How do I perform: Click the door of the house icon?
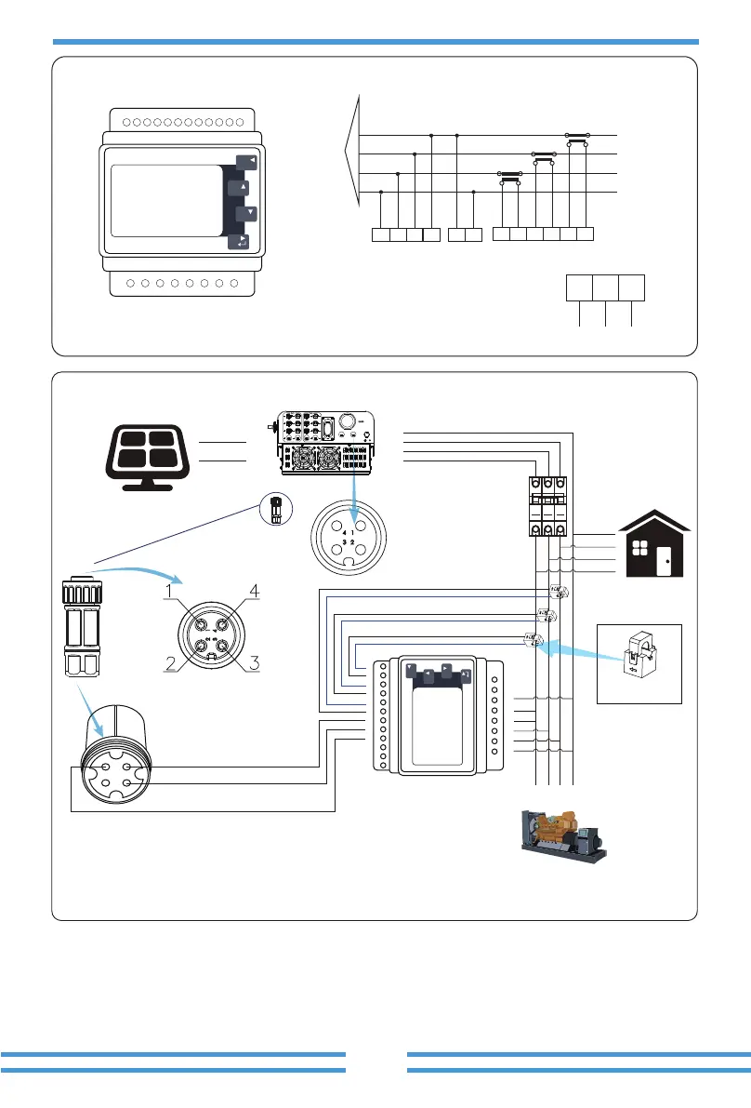click(x=667, y=563)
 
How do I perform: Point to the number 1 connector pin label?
click(x=170, y=589)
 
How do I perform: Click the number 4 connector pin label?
click(x=252, y=589)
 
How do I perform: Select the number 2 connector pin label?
click(x=170, y=662)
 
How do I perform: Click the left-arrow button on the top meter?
click(x=246, y=161)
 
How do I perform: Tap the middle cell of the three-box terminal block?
click(x=606, y=288)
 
